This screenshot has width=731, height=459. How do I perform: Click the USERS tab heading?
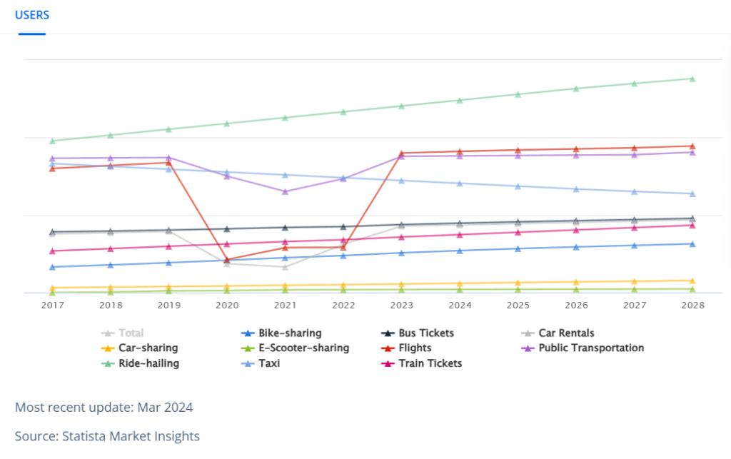[x=31, y=15]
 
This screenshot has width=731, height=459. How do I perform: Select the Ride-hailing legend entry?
[x=141, y=363]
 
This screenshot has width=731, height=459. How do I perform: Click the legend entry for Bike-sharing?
[x=281, y=333]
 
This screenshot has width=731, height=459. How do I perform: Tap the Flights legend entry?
[x=406, y=348]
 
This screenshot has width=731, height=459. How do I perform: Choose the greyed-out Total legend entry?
[x=123, y=333]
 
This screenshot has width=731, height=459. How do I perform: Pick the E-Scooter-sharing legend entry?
[x=295, y=348]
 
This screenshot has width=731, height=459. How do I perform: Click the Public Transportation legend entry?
[x=583, y=348]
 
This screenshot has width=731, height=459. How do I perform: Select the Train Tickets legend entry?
[x=422, y=363]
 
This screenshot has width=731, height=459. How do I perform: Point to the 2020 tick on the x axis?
[x=227, y=306]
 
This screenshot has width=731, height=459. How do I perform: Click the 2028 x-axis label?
[x=692, y=306]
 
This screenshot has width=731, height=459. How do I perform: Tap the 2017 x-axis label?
[x=53, y=306]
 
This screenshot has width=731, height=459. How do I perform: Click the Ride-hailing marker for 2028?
[x=692, y=79]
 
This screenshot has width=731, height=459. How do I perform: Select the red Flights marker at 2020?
[x=227, y=260]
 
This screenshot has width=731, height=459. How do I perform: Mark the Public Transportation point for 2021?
[x=286, y=191]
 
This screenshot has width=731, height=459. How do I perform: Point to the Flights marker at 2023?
[x=401, y=153]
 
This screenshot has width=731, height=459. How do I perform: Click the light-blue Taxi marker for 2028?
[x=692, y=194]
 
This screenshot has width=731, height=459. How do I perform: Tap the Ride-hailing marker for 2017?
[x=53, y=141]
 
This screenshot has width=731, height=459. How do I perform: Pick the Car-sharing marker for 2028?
[x=692, y=281]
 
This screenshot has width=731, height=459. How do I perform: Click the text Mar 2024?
[x=165, y=408]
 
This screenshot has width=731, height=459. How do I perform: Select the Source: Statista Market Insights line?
[x=107, y=436]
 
